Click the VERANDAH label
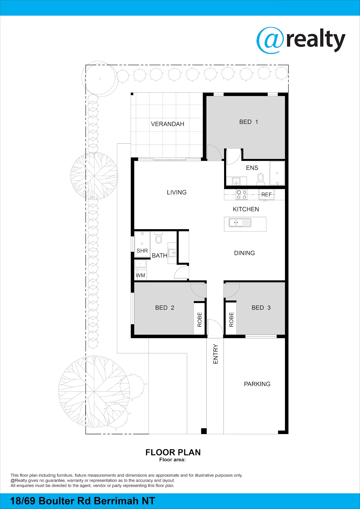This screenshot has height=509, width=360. [x=167, y=124]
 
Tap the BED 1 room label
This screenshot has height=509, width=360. [x=249, y=122]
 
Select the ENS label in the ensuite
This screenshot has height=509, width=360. [x=252, y=168]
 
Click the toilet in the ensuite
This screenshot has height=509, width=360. [x=261, y=179]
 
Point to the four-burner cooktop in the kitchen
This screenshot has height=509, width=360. [x=241, y=195]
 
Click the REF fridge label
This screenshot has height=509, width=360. [x=267, y=195]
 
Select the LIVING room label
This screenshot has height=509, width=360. [x=177, y=193]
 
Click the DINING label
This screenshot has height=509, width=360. [x=244, y=253]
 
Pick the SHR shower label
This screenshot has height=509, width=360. [x=142, y=251]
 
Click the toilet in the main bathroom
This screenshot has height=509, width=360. [x=158, y=238]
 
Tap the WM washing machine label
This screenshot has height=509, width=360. [x=140, y=276]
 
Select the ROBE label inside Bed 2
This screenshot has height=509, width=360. [x=199, y=319]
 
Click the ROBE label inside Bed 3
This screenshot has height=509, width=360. [x=231, y=319]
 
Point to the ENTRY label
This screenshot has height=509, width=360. [x=215, y=354]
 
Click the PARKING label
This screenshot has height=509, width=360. [x=257, y=384]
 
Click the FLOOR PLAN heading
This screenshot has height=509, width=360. [x=173, y=452]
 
